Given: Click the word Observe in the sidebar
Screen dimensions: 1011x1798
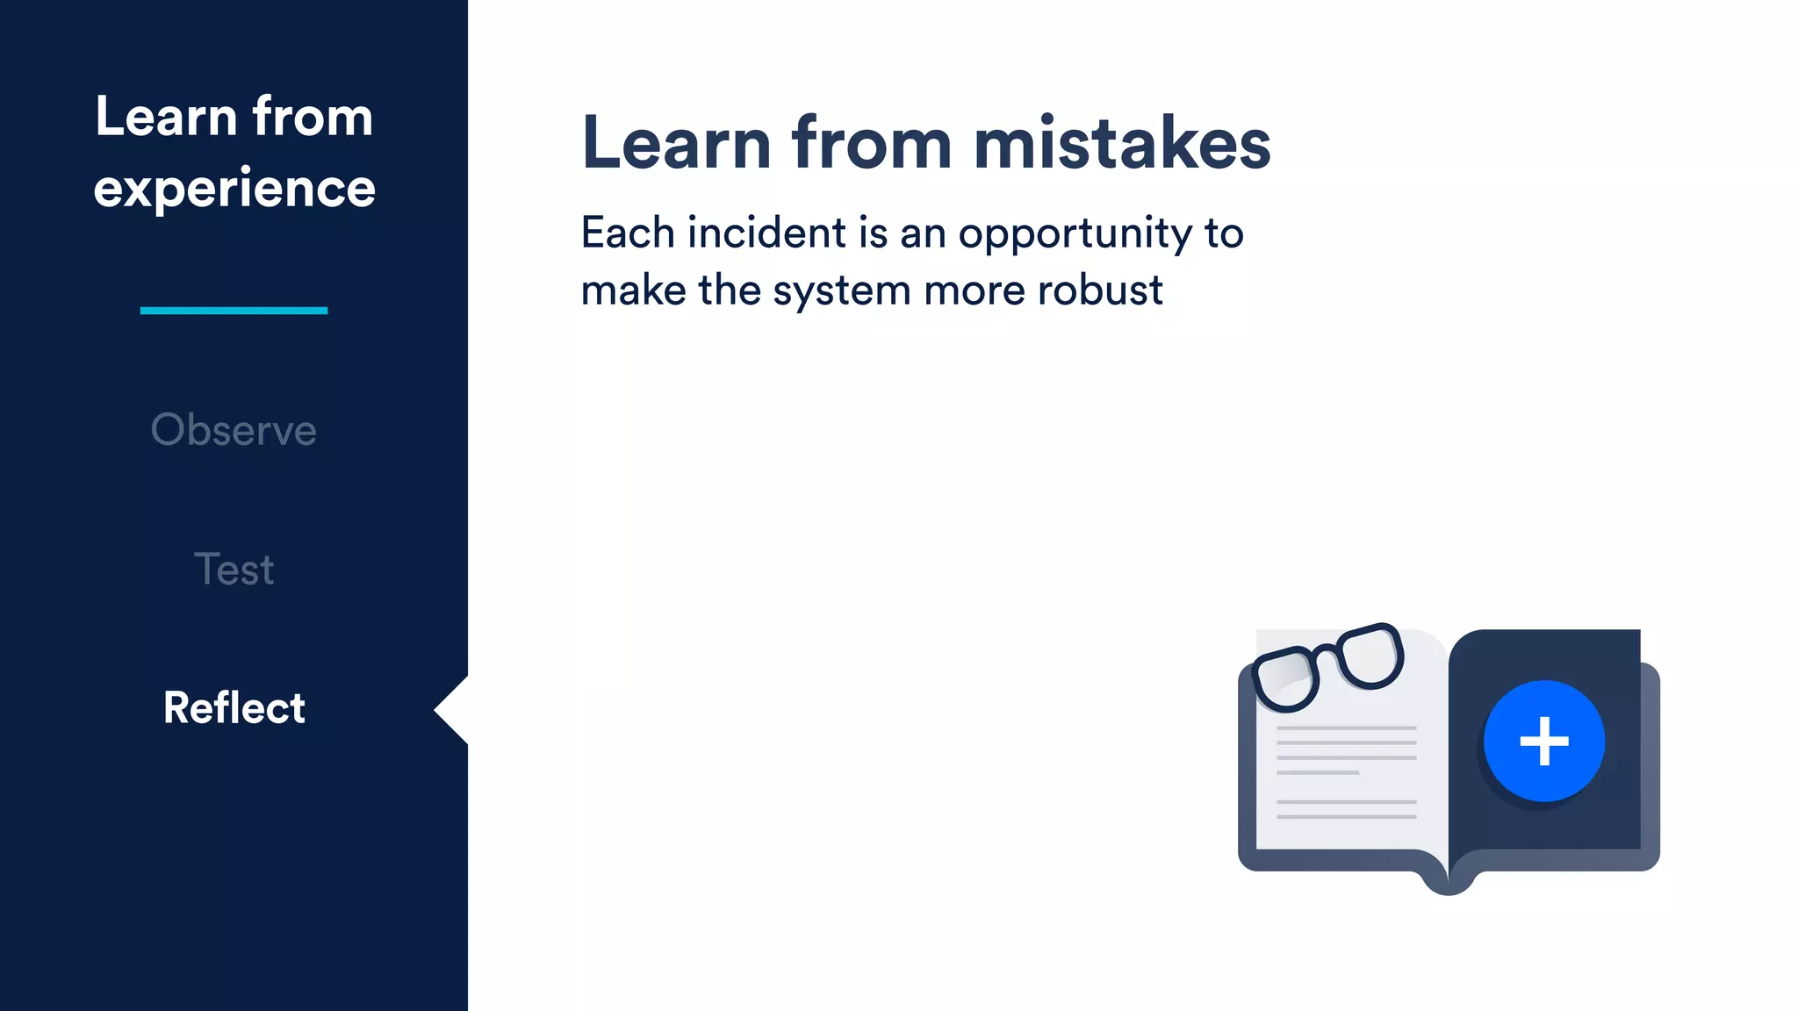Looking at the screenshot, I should (234, 430).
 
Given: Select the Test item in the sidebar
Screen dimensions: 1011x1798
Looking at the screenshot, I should (234, 570).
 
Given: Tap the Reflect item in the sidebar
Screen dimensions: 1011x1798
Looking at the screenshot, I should (234, 708).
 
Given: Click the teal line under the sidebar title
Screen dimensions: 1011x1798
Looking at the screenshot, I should (234, 310).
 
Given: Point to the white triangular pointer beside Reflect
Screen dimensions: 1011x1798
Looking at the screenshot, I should (453, 710).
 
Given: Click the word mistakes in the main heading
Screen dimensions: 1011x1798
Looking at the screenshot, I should (1122, 143).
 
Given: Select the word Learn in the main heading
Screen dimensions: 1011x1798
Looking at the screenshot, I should (676, 143).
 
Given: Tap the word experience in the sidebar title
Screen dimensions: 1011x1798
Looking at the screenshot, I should (234, 189).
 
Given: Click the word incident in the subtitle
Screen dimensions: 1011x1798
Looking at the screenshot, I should (766, 233).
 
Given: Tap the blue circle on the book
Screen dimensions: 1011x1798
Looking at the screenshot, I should (1544, 741).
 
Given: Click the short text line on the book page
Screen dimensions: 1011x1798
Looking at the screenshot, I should (1318, 772).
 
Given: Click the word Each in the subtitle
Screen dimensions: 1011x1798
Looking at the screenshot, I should (628, 233).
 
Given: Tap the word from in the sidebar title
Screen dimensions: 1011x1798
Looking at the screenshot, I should (313, 117).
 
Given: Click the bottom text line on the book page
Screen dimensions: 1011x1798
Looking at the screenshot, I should (1346, 817).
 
